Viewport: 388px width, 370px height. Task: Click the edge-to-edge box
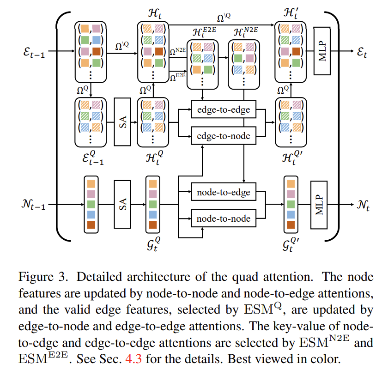tap(224, 110)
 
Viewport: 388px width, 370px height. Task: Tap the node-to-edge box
tap(224, 192)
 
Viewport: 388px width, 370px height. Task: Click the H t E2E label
tap(203, 34)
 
